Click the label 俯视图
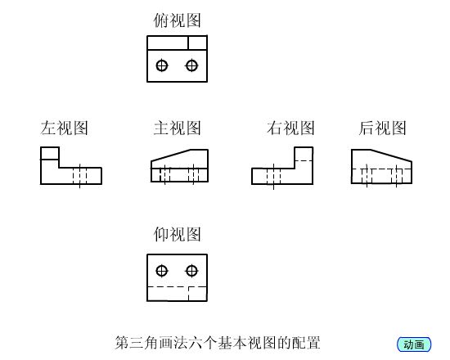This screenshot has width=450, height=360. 177,20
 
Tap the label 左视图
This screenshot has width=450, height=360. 64,128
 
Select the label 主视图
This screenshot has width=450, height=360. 177,128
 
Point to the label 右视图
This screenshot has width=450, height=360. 290,128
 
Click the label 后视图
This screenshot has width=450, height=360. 383,128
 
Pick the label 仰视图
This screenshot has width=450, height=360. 177,234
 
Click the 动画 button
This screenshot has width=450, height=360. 414,344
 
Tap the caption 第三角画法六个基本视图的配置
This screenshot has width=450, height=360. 218,343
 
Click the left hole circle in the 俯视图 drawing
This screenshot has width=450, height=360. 162,65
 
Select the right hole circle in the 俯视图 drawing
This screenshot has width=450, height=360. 191,65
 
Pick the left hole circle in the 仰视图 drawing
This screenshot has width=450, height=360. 162,271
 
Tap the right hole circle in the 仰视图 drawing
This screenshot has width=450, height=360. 191,271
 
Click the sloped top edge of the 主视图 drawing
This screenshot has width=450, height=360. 170,155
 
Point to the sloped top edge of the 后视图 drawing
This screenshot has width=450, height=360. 391,155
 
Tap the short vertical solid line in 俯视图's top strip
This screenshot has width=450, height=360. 188,43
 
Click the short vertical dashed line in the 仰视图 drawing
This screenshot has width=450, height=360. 188,294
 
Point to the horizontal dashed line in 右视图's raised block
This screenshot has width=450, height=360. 304,160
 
